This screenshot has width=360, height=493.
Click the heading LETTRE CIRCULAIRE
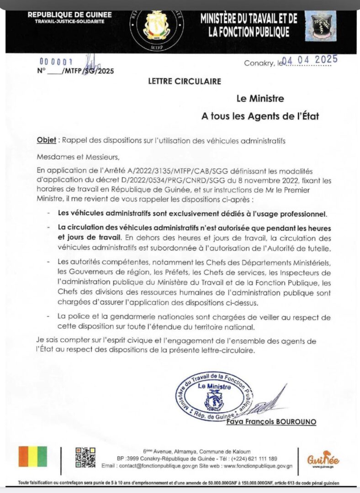pyautogui.click(x=185, y=81)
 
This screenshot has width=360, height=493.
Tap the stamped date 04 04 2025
pyautogui.click(x=310, y=60)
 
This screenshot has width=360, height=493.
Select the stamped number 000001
pyautogui.click(x=57, y=62)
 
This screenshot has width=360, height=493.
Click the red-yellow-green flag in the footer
pyautogui.click(x=32, y=456)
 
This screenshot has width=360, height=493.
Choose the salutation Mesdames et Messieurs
pyautogui.click(x=78, y=157)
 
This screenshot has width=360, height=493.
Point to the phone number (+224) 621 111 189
pyautogui.click(x=260, y=458)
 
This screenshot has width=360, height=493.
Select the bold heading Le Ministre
pyautogui.click(x=260, y=98)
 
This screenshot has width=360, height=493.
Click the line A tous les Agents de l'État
pyautogui.click(x=260, y=116)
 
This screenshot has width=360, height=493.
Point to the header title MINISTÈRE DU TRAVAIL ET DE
pyautogui.click(x=249, y=19)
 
